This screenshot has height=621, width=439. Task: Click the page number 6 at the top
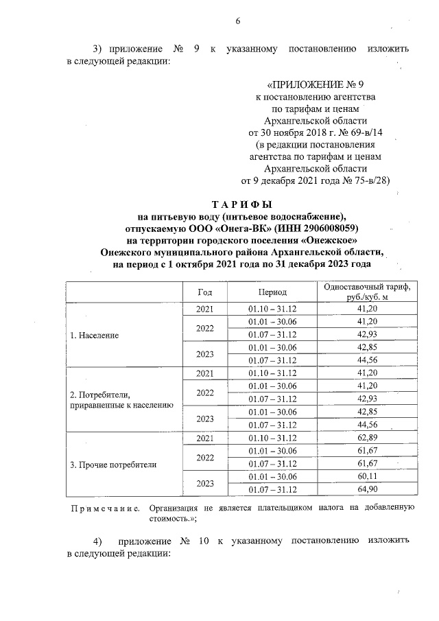(x=237, y=21)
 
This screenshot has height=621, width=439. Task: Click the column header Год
(x=205, y=292)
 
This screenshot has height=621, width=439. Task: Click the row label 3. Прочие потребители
(x=114, y=465)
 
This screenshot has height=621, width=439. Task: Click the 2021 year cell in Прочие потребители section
(x=205, y=438)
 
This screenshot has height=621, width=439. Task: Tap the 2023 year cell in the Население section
(x=205, y=353)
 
